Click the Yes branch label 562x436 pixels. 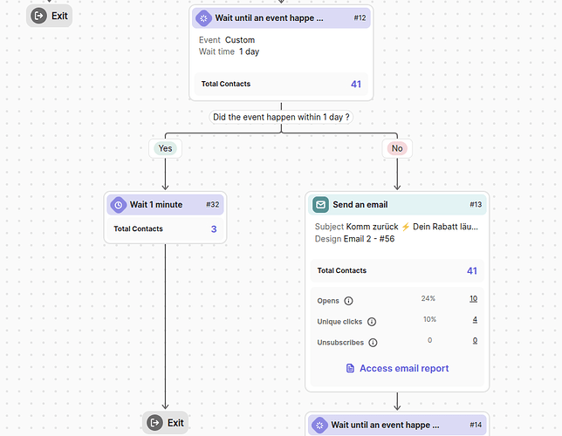click(165, 148)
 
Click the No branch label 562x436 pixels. click(397, 148)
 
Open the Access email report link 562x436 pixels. click(396, 369)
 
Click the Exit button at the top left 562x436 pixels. click(49, 16)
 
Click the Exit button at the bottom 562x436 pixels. click(165, 423)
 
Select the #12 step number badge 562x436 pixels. click(360, 17)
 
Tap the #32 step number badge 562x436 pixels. click(212, 205)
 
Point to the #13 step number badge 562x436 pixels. click(475, 205)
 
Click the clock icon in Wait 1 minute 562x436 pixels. click(119, 205)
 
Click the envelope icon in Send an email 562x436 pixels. click(321, 205)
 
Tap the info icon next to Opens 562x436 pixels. click(348, 301)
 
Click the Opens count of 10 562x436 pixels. click(473, 299)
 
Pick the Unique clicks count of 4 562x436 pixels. click(475, 320)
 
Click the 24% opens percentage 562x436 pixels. click(428, 299)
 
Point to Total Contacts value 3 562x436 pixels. click(213, 229)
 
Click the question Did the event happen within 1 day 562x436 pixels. click(281, 117)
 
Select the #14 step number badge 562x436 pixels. click(475, 426)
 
